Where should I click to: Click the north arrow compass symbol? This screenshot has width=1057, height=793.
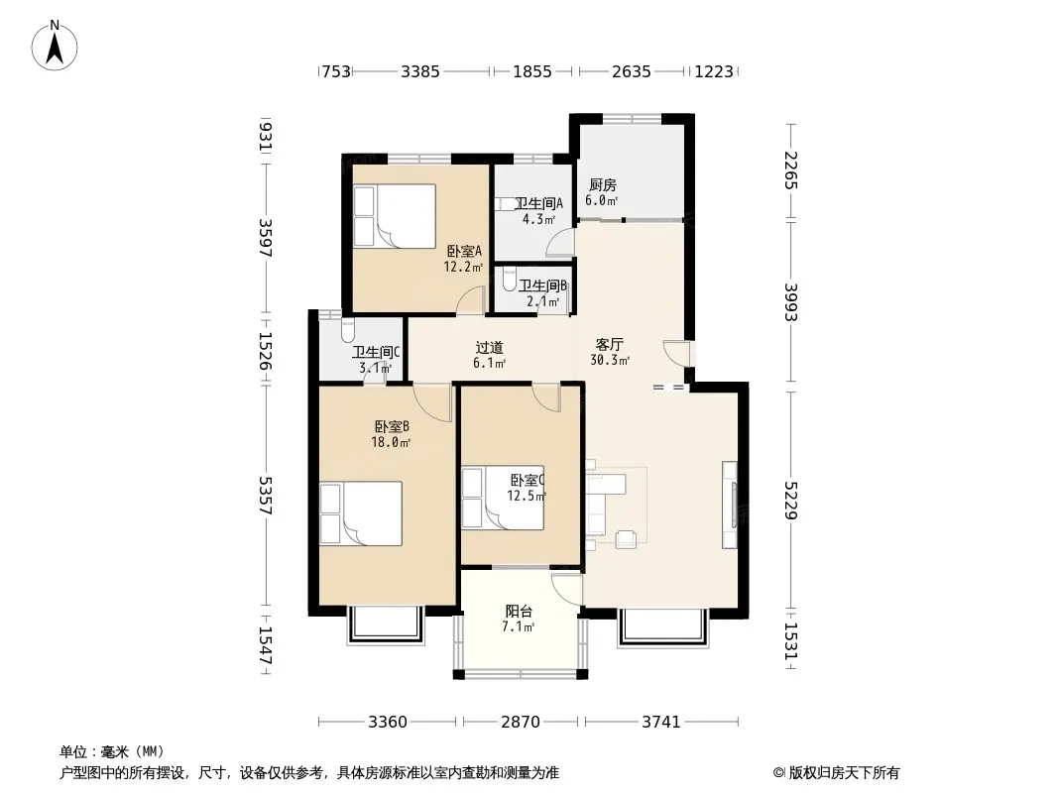click(x=55, y=46)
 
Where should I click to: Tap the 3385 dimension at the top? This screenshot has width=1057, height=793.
click(x=420, y=71)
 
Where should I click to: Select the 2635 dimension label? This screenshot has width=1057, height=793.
click(x=632, y=71)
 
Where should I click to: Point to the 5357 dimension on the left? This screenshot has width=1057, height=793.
click(x=266, y=496)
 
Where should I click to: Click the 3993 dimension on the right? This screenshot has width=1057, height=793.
click(x=791, y=302)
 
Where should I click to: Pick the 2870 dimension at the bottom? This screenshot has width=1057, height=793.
click(x=521, y=723)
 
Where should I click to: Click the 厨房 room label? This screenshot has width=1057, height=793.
click(x=603, y=184)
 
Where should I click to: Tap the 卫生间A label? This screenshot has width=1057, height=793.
click(x=538, y=203)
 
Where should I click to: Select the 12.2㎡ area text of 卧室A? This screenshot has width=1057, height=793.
click(x=463, y=267)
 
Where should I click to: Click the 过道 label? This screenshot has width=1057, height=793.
click(x=490, y=348)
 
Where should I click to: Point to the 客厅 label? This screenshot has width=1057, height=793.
click(x=610, y=345)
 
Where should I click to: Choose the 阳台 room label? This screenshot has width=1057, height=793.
click(x=519, y=611)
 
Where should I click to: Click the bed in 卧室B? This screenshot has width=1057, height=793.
click(x=361, y=513)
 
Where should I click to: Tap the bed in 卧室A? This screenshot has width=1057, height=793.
click(x=395, y=216)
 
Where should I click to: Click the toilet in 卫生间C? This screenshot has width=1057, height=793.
click(x=348, y=330)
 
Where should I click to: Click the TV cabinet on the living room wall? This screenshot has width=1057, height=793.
click(x=730, y=505)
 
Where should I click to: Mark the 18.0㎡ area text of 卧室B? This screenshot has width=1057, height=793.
click(x=391, y=443)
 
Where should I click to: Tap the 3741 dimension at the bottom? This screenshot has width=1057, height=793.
click(x=661, y=723)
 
